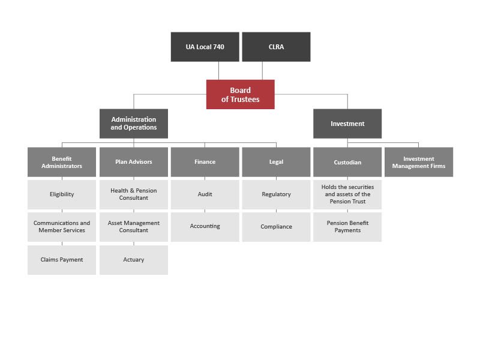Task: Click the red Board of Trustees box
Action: click(241, 94)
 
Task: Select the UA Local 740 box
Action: click(205, 47)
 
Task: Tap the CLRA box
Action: click(276, 47)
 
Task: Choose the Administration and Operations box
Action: click(133, 124)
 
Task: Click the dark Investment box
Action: click(347, 124)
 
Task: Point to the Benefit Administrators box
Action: click(62, 162)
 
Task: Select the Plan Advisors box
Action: click(133, 162)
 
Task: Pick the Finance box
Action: click(205, 162)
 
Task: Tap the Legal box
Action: click(276, 162)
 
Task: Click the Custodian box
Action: click(347, 162)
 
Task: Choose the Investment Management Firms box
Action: click(419, 162)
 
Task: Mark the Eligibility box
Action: click(62, 194)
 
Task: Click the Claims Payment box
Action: click(62, 260)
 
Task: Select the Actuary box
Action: click(133, 260)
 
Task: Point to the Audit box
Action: click(205, 194)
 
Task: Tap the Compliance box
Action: click(276, 227)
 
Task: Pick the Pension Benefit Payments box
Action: click(347, 227)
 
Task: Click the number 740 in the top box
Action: click(218, 47)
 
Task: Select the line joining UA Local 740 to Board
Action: click(218, 71)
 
